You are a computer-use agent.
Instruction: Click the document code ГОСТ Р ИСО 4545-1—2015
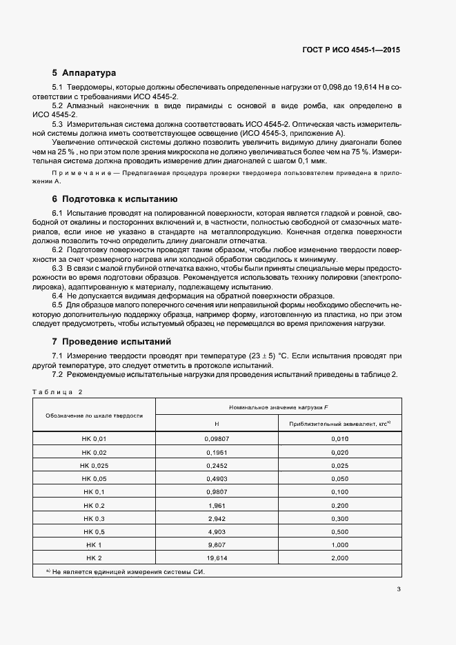(351, 50)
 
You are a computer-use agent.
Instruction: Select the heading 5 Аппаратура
(84, 72)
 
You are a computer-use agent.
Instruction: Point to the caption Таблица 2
(57, 391)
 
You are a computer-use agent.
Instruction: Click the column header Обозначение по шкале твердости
(95, 416)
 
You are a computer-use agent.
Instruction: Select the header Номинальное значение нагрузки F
(278, 408)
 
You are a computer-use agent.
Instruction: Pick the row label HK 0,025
(95, 466)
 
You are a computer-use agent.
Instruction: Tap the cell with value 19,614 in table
(217, 557)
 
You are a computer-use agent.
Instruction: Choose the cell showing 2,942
(217, 518)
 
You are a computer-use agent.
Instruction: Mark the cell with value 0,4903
(217, 479)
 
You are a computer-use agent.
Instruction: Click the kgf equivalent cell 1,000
(340, 544)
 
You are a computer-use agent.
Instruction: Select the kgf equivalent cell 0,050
(340, 479)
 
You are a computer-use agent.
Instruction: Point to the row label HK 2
(95, 557)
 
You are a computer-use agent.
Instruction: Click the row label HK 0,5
(95, 531)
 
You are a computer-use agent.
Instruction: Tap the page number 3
(399, 589)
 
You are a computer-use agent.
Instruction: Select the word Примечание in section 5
(76, 170)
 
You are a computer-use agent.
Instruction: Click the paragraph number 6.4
(58, 295)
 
